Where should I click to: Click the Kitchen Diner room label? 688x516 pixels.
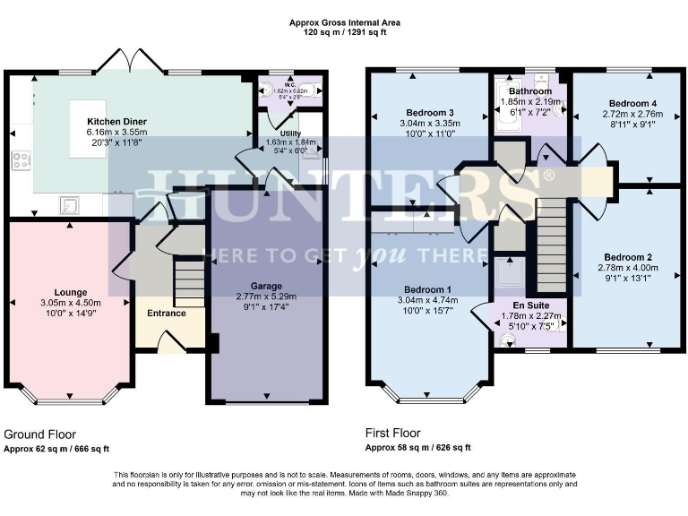tap(116, 121)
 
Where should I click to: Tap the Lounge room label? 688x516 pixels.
tap(70, 292)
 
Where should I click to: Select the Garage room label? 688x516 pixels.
tap(266, 286)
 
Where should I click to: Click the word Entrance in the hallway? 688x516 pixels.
tap(167, 314)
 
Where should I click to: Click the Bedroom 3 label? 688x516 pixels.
tap(427, 112)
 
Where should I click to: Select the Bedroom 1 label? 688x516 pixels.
tap(427, 290)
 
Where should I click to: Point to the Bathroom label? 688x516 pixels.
tap(530, 91)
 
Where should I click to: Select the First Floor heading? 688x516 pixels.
tap(390, 434)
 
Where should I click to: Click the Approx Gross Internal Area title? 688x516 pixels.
tap(344, 21)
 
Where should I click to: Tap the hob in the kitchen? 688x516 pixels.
tap(21, 161)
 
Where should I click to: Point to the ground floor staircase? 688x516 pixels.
tap(188, 281)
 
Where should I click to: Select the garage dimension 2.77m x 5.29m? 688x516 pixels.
tap(266, 297)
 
